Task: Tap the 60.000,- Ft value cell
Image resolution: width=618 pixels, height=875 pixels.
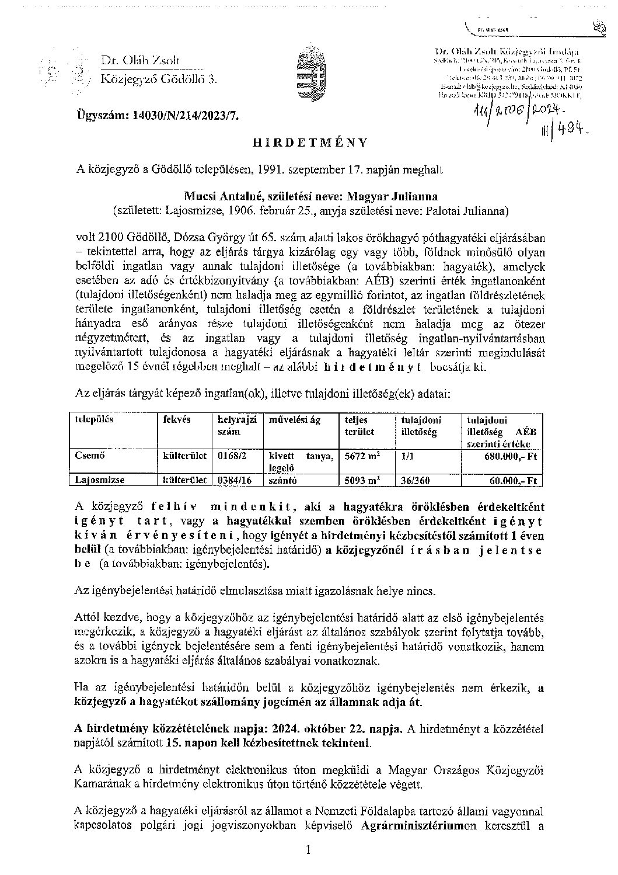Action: tap(514, 481)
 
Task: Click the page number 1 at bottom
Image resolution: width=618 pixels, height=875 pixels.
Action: tap(309, 851)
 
